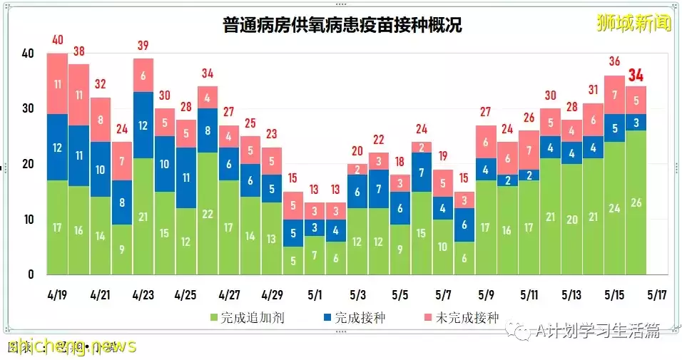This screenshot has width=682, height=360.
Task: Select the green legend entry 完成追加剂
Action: (x=247, y=318)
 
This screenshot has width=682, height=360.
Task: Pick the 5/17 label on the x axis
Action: (x=657, y=294)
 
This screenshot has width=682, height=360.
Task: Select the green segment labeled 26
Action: (x=636, y=203)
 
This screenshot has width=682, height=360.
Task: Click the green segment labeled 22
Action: (x=208, y=214)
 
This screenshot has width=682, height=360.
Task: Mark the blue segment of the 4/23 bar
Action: (x=143, y=125)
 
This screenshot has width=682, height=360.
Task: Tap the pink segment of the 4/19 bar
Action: (x=58, y=83)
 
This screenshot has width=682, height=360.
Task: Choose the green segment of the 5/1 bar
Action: (x=315, y=255)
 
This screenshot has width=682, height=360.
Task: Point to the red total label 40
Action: (x=58, y=40)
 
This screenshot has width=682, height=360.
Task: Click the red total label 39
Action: (x=143, y=46)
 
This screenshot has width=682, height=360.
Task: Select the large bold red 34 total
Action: (x=636, y=75)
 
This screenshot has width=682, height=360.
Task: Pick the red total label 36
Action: (x=614, y=62)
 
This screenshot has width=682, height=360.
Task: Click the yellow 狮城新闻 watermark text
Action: (x=633, y=24)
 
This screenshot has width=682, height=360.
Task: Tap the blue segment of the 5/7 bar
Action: (x=443, y=208)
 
